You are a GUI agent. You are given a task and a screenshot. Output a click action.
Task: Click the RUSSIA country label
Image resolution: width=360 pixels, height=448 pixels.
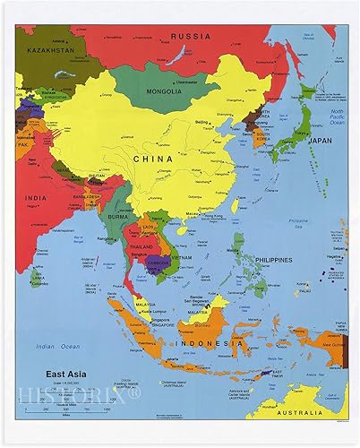(191, 36)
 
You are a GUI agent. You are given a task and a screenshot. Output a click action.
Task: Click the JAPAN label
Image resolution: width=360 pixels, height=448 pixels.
(320, 140)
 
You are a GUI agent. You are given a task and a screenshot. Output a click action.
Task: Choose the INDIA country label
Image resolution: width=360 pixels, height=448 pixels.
(36, 198)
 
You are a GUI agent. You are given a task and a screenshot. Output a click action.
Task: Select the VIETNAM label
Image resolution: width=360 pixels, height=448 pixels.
(183, 257)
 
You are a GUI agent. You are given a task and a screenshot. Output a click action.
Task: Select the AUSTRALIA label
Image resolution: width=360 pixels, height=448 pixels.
(301, 412)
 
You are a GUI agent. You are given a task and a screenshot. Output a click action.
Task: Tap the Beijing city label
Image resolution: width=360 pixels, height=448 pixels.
(200, 120)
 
